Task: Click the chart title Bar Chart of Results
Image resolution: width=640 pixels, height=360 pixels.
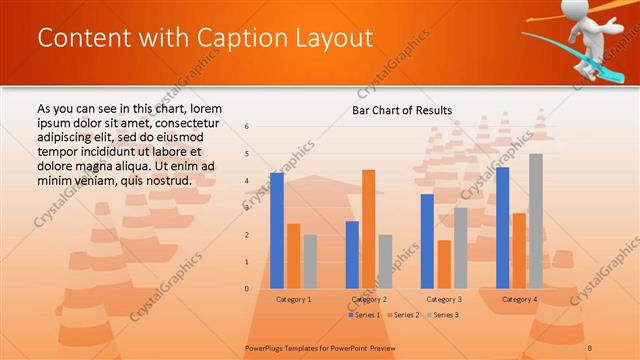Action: (x=402, y=110)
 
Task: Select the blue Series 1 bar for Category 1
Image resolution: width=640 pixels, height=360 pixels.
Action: (x=277, y=231)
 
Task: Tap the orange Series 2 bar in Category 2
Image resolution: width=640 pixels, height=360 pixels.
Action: (x=369, y=229)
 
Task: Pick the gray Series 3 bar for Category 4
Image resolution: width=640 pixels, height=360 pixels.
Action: (x=536, y=221)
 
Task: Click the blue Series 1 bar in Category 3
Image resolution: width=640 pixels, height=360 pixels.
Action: (x=427, y=241)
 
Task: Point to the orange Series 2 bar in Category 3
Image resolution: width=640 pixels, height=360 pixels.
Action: (x=444, y=264)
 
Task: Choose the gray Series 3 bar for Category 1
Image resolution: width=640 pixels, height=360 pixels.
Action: (x=310, y=262)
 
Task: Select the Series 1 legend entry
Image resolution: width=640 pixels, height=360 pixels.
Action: (x=365, y=315)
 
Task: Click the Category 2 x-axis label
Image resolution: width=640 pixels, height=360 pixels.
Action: (x=369, y=299)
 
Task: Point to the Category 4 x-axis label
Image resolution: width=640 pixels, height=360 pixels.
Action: (x=519, y=299)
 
